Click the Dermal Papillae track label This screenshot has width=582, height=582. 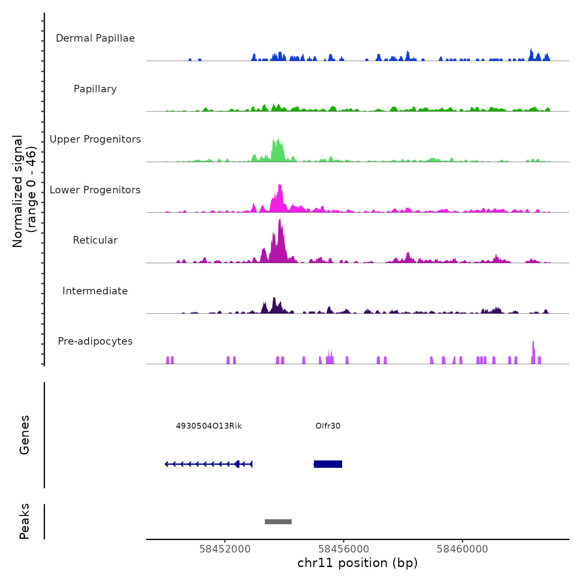pyautogui.click(x=95, y=38)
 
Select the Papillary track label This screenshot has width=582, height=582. pyautogui.click(x=95, y=89)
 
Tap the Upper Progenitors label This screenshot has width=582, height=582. pyautogui.click(x=95, y=139)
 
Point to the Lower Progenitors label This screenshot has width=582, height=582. pyautogui.click(x=95, y=190)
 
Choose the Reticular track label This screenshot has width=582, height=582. pyautogui.click(x=95, y=240)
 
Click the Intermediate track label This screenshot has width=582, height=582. pyautogui.click(x=95, y=291)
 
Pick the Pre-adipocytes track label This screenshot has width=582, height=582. pyautogui.click(x=95, y=341)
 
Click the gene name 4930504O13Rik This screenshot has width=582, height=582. pyautogui.click(x=209, y=426)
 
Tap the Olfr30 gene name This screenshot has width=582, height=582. pyautogui.click(x=328, y=426)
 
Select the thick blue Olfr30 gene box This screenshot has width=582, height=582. pyautogui.click(x=328, y=464)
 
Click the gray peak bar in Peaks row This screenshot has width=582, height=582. pyautogui.click(x=278, y=522)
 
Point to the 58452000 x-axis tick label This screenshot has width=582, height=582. pyautogui.click(x=225, y=549)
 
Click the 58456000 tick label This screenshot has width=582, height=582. pyautogui.click(x=344, y=549)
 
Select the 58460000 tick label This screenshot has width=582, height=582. pyautogui.click(x=462, y=549)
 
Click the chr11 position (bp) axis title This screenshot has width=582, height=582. pyautogui.click(x=358, y=563)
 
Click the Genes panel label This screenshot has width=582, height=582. pyautogui.click(x=25, y=435)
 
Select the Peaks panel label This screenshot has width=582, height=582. pyautogui.click(x=25, y=521)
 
